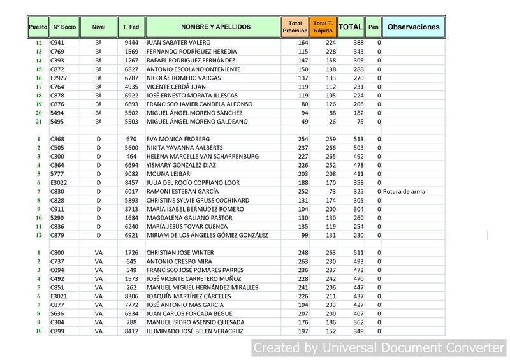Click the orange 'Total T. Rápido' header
click(323, 27)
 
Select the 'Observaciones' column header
click(414, 27)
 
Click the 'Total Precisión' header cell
click(295, 27)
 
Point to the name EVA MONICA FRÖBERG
click(178, 139)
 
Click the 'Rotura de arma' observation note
click(404, 191)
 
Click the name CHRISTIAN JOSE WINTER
click(180, 253)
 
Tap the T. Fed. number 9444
click(132, 43)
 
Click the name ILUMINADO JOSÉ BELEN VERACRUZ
click(195, 331)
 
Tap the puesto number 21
click(38, 121)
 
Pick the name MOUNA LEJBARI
click(170, 174)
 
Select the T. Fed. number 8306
click(132, 296)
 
